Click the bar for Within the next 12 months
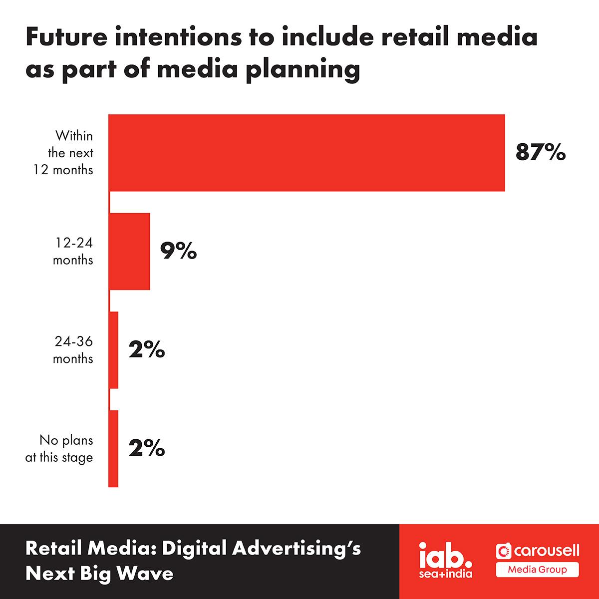tap(306, 153)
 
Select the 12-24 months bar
tap(129, 252)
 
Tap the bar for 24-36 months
tap(113, 350)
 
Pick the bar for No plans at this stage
tap(113, 449)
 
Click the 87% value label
tap(541, 152)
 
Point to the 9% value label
tap(178, 251)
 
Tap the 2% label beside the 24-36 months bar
tap(147, 349)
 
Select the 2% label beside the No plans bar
tap(147, 448)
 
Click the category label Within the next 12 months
tap(63, 153)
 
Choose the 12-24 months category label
tap(73, 251)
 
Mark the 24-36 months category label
tap(73, 350)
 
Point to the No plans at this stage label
tap(59, 449)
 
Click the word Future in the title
tap(67, 37)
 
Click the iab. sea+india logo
tap(446, 561)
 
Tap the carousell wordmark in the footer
tap(538, 551)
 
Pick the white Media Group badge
tap(538, 570)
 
